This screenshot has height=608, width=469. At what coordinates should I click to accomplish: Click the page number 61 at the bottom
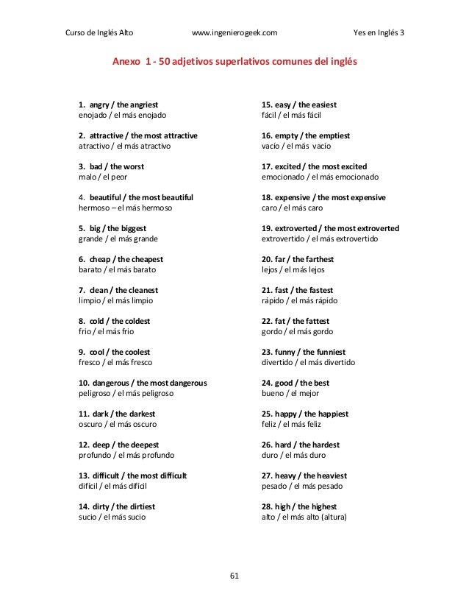pos(234,575)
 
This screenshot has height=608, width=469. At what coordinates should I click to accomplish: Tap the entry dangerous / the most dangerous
pos(143,383)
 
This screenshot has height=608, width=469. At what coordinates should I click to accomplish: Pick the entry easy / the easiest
pos(299,105)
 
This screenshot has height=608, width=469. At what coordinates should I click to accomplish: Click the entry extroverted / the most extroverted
pos(331,228)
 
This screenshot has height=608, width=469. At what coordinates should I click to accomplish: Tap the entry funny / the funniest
pos(304,352)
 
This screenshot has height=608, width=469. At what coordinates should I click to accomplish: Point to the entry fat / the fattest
pos(296,321)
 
